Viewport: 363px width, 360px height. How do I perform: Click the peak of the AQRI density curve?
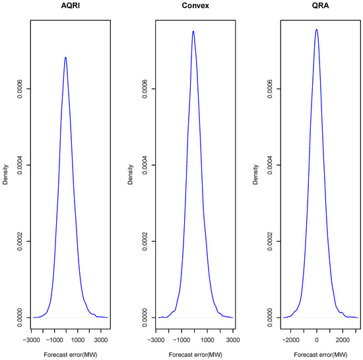pos(65,57)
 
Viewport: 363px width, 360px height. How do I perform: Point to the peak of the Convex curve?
pos(193,31)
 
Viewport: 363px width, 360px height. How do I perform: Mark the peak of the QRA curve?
pos(317,29)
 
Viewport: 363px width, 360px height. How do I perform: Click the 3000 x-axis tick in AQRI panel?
pos(100,340)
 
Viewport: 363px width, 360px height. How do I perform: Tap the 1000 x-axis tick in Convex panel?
pos(207,340)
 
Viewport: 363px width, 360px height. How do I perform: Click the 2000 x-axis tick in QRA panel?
pos(342,340)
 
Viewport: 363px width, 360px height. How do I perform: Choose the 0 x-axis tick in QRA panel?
pos(317,340)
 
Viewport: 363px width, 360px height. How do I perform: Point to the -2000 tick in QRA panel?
pos(291,340)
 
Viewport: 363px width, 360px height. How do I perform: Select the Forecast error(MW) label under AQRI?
pos(69,353)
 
